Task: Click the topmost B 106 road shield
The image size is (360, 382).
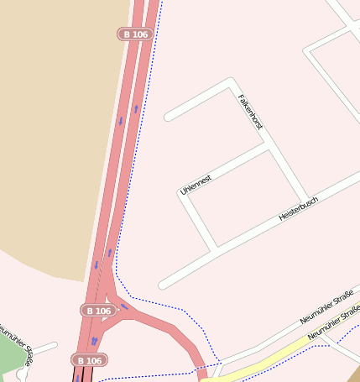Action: click(x=134, y=34)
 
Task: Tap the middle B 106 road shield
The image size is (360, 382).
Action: click(x=98, y=311)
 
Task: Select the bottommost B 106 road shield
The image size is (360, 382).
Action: click(x=88, y=361)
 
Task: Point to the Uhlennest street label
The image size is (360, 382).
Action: click(x=196, y=185)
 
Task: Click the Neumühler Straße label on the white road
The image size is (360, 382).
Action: click(x=326, y=308)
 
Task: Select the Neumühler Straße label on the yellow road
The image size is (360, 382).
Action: click(x=334, y=326)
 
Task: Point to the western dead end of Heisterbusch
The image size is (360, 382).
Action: click(x=164, y=284)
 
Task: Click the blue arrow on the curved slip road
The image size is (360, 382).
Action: click(x=125, y=306)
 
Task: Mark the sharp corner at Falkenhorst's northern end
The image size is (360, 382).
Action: click(x=231, y=82)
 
